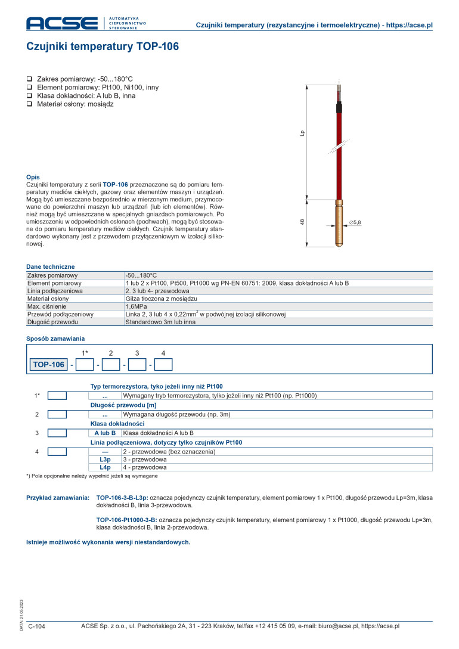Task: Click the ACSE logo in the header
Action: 61,23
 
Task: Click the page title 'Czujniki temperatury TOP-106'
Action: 103,46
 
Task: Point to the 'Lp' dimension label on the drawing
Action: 302,135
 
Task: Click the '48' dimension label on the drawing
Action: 302,222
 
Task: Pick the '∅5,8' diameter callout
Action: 355,222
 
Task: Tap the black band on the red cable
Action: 339,109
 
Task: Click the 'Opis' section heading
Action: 33,177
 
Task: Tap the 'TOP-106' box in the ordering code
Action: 49,364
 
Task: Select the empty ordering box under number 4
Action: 163,364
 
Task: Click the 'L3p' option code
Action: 105,460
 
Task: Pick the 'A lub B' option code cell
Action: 105,433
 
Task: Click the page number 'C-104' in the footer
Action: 36,626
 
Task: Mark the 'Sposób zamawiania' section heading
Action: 55,339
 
